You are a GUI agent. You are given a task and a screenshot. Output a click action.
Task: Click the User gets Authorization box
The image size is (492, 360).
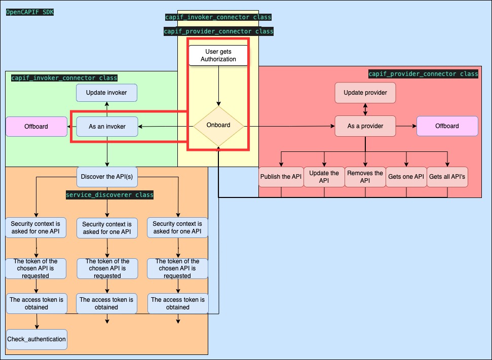coord(218,55)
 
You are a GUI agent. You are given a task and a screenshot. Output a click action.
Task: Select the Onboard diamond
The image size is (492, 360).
coord(218,125)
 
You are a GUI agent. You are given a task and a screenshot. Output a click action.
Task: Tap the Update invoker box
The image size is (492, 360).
coord(107,93)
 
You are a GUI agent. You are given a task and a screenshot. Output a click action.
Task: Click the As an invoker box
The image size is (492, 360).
coord(107,126)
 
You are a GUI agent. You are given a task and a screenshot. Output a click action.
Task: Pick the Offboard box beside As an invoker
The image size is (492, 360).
coord(36,126)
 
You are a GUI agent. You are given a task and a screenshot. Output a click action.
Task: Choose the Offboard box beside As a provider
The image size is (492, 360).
coord(447,126)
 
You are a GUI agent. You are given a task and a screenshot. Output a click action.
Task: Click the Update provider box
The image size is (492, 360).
coord(365,93)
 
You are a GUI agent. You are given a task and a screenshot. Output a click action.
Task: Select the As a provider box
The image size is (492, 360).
coord(365,126)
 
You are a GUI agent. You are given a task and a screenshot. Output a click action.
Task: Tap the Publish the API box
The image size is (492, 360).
coord(281,177)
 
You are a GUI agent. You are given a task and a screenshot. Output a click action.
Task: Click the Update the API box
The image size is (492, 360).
coord(324,177)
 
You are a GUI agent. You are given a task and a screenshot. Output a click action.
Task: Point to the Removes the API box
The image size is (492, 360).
coord(365,177)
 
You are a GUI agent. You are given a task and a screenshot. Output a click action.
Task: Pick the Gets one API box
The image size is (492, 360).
coord(405,177)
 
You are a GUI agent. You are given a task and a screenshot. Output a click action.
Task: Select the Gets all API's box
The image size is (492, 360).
coord(447,177)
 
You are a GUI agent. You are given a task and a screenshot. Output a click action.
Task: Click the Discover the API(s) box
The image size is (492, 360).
coord(107,177)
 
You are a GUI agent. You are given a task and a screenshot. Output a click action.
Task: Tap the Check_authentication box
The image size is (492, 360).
coord(36,339)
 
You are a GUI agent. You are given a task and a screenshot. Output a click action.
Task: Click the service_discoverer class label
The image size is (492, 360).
coord(109,195)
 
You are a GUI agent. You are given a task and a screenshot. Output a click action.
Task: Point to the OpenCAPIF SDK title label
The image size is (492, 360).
coord(29,11)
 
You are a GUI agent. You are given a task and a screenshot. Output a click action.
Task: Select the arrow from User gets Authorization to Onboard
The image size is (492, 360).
coord(218,85)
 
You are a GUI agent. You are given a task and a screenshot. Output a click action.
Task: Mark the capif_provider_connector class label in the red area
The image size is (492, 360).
coord(423,74)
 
